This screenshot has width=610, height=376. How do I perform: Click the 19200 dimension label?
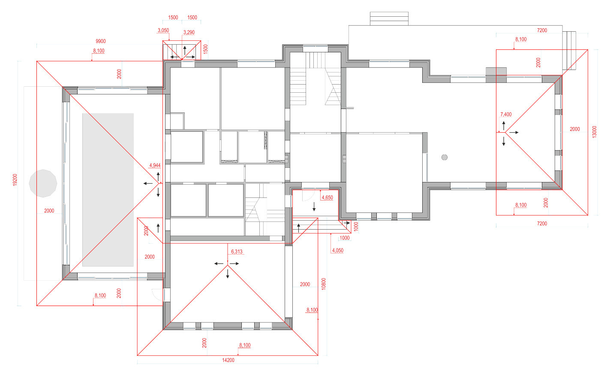[x=15, y=180]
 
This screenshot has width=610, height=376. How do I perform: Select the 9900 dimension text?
[x=100, y=41]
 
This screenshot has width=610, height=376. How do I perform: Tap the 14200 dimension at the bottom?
[x=228, y=360]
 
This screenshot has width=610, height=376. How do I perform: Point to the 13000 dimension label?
[x=595, y=132]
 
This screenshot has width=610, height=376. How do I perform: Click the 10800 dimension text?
[x=324, y=284]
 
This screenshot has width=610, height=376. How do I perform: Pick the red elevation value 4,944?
[x=155, y=165]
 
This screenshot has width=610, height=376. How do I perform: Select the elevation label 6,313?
[x=237, y=252]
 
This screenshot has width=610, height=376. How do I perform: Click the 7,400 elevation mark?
[x=506, y=114]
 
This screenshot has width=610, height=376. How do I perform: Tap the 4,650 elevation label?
[x=328, y=197]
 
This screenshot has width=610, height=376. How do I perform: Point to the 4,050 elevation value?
[x=338, y=250]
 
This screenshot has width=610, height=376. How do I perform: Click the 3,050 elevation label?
[x=163, y=30]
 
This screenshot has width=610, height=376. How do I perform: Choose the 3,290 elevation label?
[x=189, y=33]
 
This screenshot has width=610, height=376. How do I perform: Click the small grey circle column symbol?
[x=445, y=157]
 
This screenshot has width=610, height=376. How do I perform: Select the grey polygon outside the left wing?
[x=43, y=183]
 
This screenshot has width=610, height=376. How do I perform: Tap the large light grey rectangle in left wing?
[x=108, y=190]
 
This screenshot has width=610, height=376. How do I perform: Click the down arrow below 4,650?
[x=314, y=207]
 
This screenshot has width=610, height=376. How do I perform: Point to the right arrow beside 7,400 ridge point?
[x=514, y=133]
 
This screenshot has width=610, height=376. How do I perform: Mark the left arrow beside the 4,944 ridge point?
[x=148, y=184]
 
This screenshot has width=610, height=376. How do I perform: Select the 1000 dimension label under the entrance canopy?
[x=345, y=238]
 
